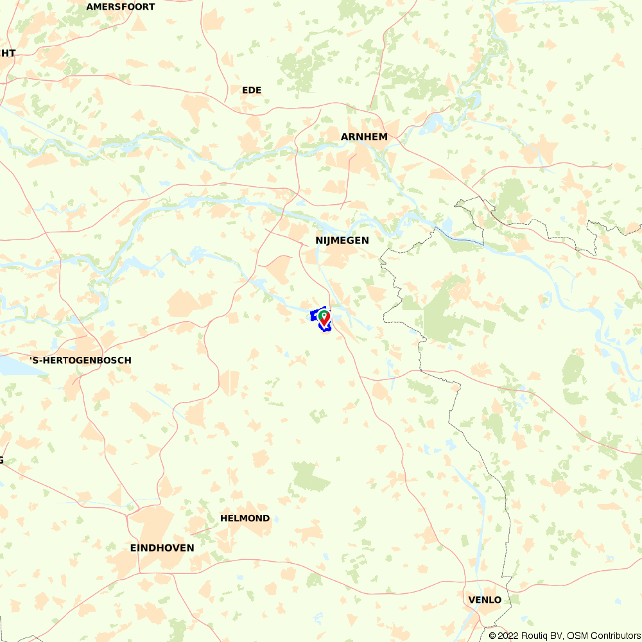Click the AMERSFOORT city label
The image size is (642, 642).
121,7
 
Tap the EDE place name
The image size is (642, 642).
252,91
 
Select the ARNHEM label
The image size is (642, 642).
364,137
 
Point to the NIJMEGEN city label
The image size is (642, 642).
342,240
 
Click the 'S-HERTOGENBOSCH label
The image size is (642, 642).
80,361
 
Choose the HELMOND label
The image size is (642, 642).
245,518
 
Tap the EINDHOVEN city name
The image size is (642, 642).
162,548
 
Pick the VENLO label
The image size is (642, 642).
485,600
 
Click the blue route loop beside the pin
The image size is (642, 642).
314,316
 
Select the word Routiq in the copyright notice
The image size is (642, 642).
534,636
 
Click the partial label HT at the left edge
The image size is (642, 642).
8,53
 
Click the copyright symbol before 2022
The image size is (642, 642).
492,636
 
